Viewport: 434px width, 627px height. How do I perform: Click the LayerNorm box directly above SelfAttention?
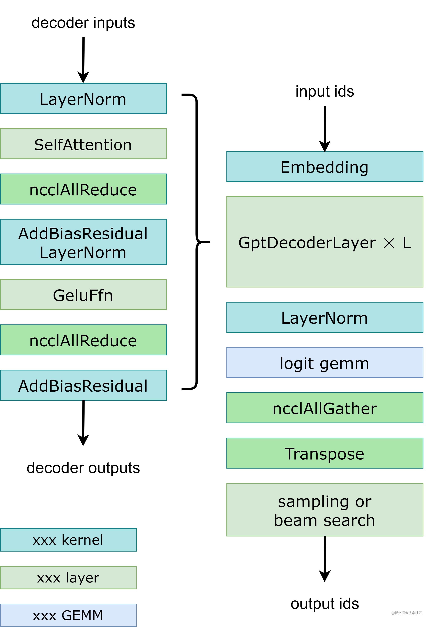(x=83, y=99)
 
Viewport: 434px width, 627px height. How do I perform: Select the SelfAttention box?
(x=83, y=144)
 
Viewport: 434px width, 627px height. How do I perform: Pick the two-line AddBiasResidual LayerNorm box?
(x=83, y=242)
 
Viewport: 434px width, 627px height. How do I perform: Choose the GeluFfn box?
(x=83, y=295)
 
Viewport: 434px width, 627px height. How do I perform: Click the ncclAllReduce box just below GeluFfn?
(x=83, y=340)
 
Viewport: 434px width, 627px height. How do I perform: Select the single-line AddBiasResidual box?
(x=83, y=385)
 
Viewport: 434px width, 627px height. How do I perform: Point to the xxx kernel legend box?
(x=68, y=540)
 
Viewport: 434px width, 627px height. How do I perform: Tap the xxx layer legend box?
(x=68, y=578)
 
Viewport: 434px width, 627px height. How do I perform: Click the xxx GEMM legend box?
(x=68, y=615)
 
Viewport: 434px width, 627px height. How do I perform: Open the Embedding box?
(x=325, y=166)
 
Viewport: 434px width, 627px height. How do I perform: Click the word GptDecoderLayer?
(x=307, y=242)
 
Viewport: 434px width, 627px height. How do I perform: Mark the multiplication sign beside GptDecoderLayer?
(x=389, y=243)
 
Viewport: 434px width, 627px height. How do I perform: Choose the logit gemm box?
(x=325, y=363)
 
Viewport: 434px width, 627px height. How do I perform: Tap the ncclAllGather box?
(x=325, y=408)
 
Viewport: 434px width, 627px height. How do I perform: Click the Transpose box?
(x=325, y=453)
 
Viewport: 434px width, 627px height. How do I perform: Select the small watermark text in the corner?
(x=406, y=612)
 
